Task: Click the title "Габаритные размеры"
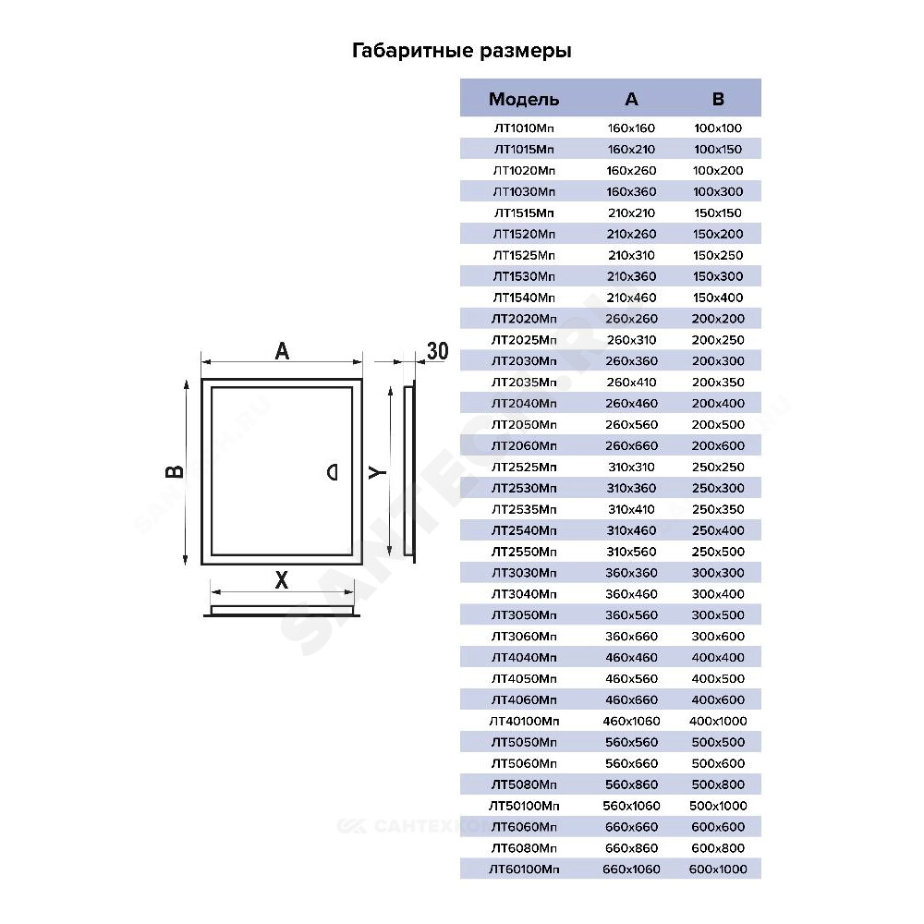pos(461,51)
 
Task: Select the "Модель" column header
pos(524,99)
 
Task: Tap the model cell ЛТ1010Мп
pos(524,128)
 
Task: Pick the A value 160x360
pos(631,191)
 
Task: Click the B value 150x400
pos(718,298)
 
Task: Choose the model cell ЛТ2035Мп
pos(524,383)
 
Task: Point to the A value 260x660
pos(631,446)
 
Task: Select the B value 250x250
pos(718,468)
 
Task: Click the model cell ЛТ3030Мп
pos(524,573)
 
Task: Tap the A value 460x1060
pos(631,722)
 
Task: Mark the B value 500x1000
pos(718,806)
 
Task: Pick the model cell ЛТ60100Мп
pos(524,869)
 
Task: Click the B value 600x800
pos(718,848)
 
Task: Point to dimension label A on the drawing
pos(282,351)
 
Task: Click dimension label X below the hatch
pos(282,580)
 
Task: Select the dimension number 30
pos(437,351)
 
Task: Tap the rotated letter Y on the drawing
pos(377,472)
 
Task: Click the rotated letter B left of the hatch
pos(175,471)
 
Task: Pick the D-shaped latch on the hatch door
pos(333,472)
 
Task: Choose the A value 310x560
pos(631,553)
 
